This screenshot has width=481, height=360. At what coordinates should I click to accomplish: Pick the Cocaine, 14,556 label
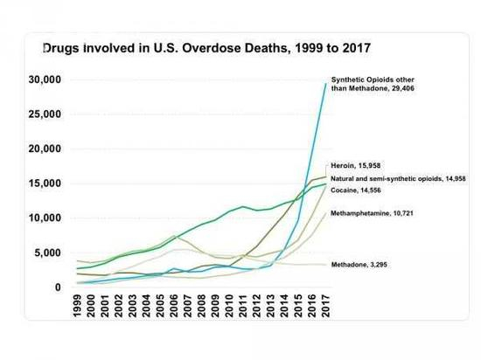click(x=359, y=190)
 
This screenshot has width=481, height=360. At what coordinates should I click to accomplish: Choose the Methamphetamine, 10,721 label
click(x=372, y=212)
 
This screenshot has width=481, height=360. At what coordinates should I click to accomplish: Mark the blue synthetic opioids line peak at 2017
click(x=325, y=84)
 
